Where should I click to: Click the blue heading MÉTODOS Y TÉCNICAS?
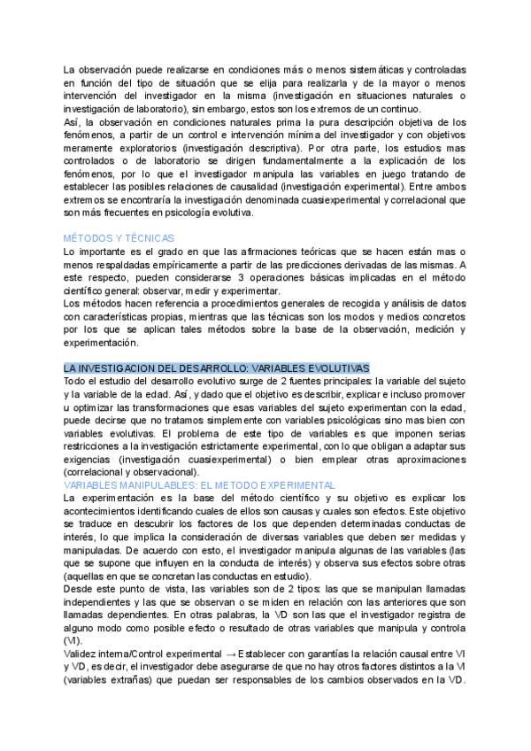119,238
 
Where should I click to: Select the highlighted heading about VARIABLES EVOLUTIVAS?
217,368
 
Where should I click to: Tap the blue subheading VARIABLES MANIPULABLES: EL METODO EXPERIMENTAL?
199,485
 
